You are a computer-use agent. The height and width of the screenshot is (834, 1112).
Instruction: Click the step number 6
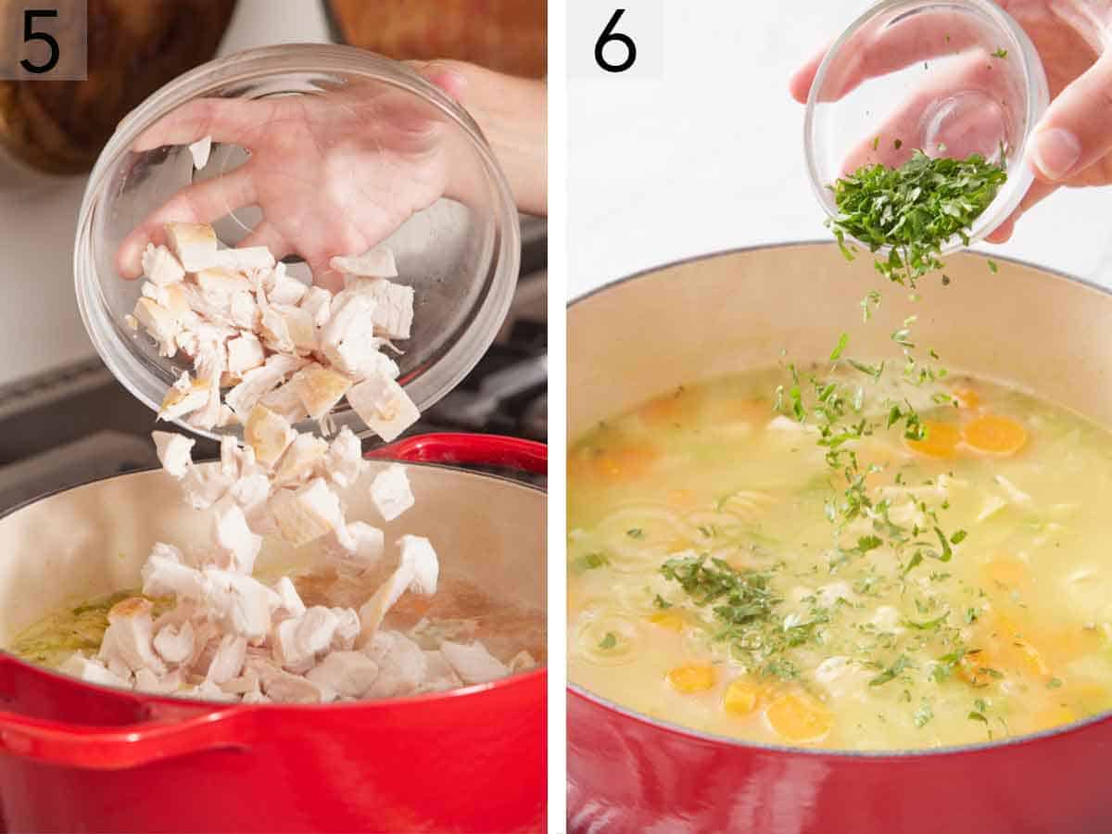click(x=614, y=42)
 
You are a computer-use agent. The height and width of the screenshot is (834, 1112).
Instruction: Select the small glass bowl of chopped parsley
click(x=927, y=120)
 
